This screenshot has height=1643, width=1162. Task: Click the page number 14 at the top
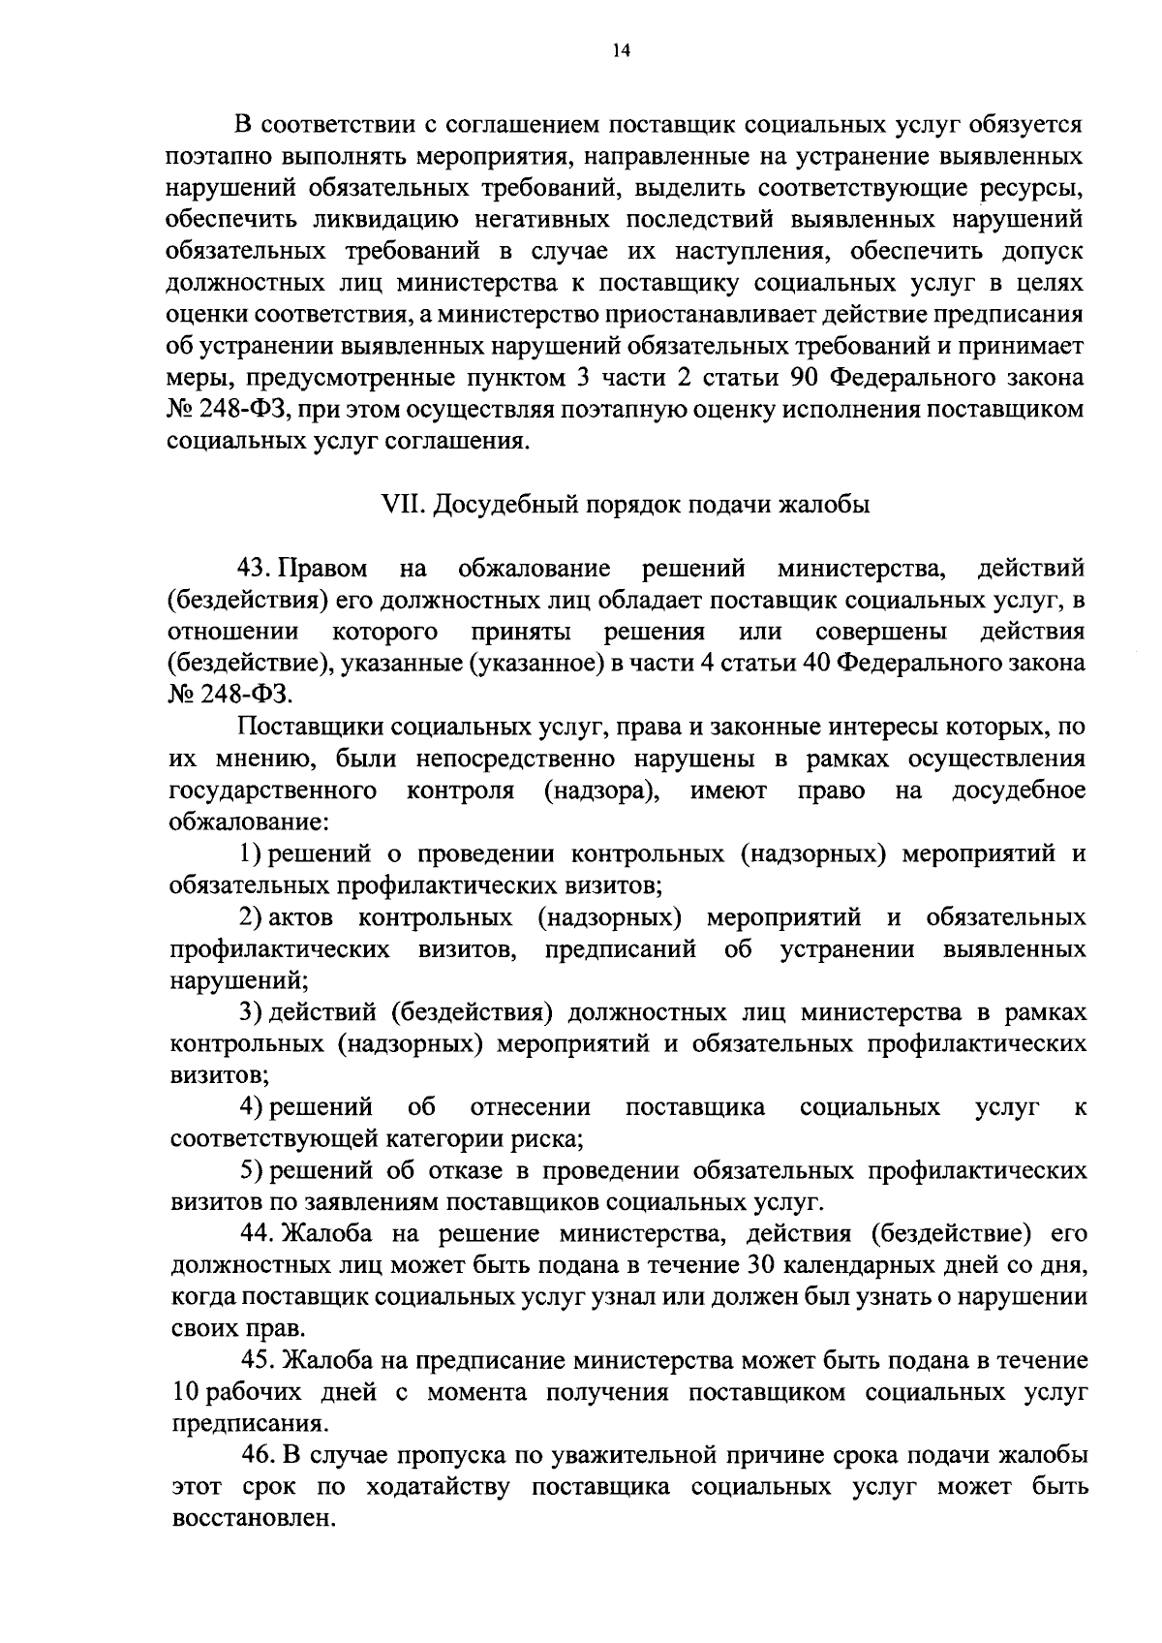pyautogui.click(x=621, y=52)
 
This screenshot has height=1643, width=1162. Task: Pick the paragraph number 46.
pyautogui.click(x=257, y=1455)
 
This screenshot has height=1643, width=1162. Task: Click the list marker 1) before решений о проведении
pyautogui.click(x=251, y=853)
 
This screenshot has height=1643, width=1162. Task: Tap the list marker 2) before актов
pyautogui.click(x=251, y=916)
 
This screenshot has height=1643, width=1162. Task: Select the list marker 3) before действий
pyautogui.click(x=251, y=1012)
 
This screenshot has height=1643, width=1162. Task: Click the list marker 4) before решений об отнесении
pyautogui.click(x=251, y=1106)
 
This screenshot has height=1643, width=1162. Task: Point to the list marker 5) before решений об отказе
pyautogui.click(x=251, y=1170)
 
